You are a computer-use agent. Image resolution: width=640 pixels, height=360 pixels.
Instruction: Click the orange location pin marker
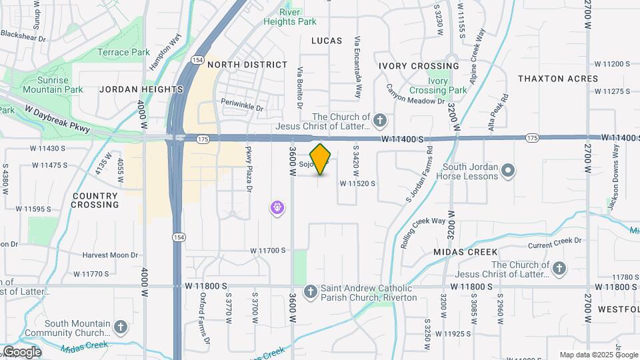click(x=321, y=159)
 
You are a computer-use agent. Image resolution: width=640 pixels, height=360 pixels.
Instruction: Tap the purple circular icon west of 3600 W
click(x=277, y=209)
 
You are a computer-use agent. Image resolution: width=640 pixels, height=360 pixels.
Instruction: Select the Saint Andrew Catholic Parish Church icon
click(x=310, y=292)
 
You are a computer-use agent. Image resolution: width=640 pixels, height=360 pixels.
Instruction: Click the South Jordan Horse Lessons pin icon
click(x=508, y=171)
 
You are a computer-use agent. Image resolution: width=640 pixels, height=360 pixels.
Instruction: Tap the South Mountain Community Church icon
click(x=120, y=327)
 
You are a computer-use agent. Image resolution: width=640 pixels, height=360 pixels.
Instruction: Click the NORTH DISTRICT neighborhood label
click(x=247, y=65)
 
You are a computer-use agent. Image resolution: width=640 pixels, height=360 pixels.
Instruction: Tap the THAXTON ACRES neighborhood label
click(x=558, y=78)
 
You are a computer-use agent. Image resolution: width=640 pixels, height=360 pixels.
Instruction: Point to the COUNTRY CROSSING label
click(x=95, y=200)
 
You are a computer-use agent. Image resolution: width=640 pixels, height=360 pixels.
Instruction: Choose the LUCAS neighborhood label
click(x=327, y=41)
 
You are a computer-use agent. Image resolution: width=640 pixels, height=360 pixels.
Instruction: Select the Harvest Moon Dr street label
click(x=110, y=255)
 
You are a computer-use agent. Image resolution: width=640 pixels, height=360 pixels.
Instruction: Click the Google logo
click(x=21, y=351)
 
